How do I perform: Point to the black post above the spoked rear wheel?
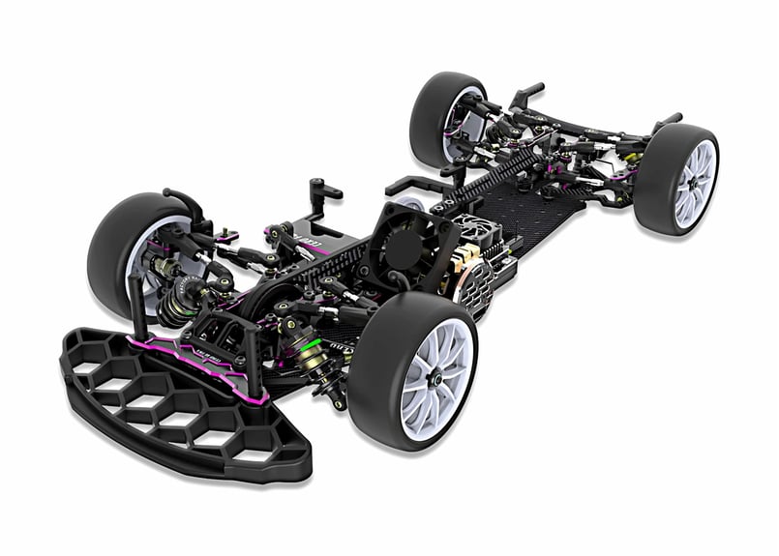[668, 123]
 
